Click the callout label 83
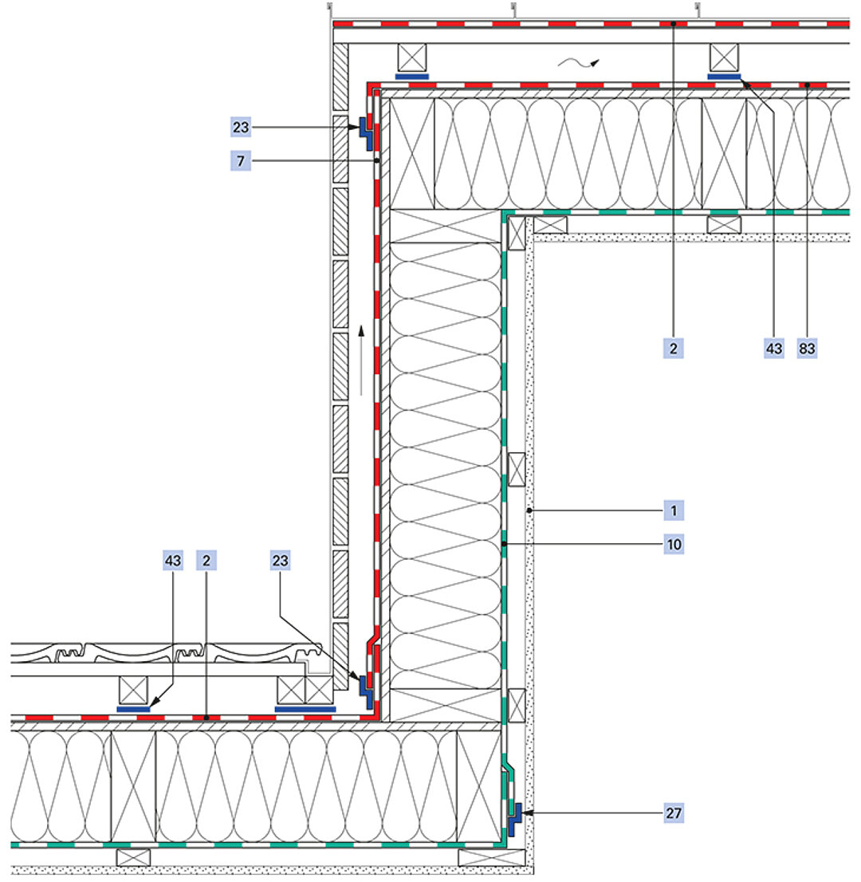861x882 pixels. [808, 348]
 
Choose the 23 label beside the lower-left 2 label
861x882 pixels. [279, 561]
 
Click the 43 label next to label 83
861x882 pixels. [773, 348]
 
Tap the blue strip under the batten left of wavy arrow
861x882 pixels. [412, 77]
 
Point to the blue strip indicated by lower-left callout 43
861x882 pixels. [133, 708]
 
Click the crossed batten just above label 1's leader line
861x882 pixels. [517, 469]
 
